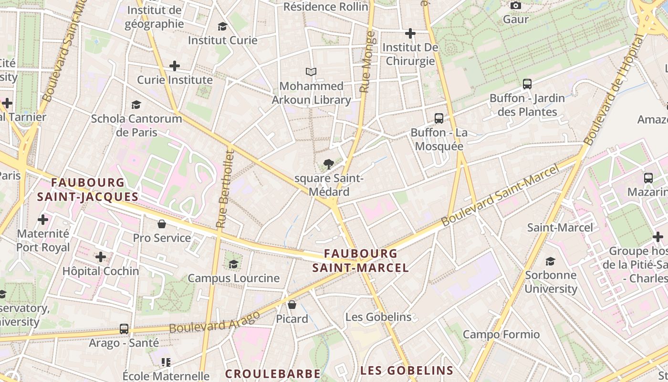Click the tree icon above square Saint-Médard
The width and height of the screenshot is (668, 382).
coord(328,165)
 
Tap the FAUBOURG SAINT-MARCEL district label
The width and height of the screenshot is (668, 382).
coord(360,261)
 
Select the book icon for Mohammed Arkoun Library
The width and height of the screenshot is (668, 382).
coord(311,72)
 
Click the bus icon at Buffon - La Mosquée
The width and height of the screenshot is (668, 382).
coord(438,118)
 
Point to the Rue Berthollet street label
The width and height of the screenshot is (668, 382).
coord(225,189)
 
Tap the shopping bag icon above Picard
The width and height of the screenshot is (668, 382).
coord(292,304)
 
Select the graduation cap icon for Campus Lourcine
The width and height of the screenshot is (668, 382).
coord(233,264)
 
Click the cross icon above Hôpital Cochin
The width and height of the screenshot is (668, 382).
coord(101,257)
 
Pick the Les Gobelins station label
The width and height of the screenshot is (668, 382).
coord(378,317)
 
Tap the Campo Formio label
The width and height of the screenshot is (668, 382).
coord(501,334)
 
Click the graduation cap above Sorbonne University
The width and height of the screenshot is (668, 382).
coord(550,261)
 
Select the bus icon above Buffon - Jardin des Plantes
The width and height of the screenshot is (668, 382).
coord(527,84)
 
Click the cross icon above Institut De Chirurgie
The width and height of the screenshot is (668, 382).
coord(410,33)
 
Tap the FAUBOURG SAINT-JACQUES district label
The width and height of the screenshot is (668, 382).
coord(88,190)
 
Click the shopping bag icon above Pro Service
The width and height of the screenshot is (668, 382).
coord(162,223)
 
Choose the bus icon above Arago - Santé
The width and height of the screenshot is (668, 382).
coord(124,329)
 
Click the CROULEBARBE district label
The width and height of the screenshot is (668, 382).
coord(272,373)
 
